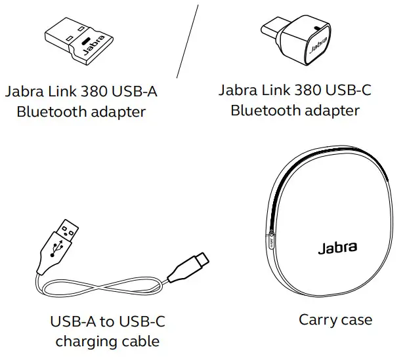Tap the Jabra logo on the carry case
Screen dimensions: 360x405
click(337, 248)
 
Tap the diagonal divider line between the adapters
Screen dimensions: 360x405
click(188, 39)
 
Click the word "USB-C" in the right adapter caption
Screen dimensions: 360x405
click(348, 90)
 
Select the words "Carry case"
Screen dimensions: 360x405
click(335, 320)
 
